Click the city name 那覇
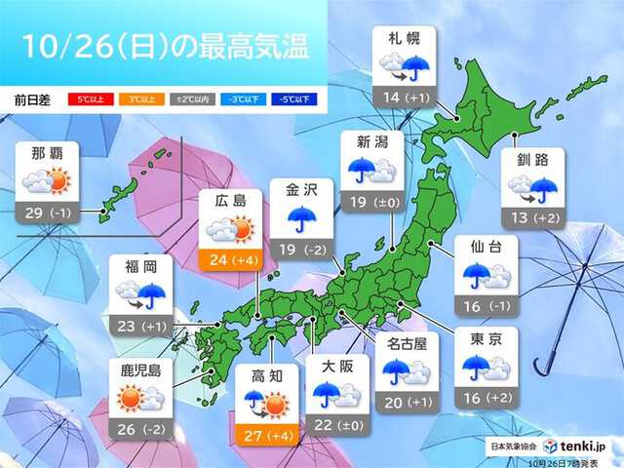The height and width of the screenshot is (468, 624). pos(49,152)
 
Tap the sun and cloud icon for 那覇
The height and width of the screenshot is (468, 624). pos(49,180)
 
